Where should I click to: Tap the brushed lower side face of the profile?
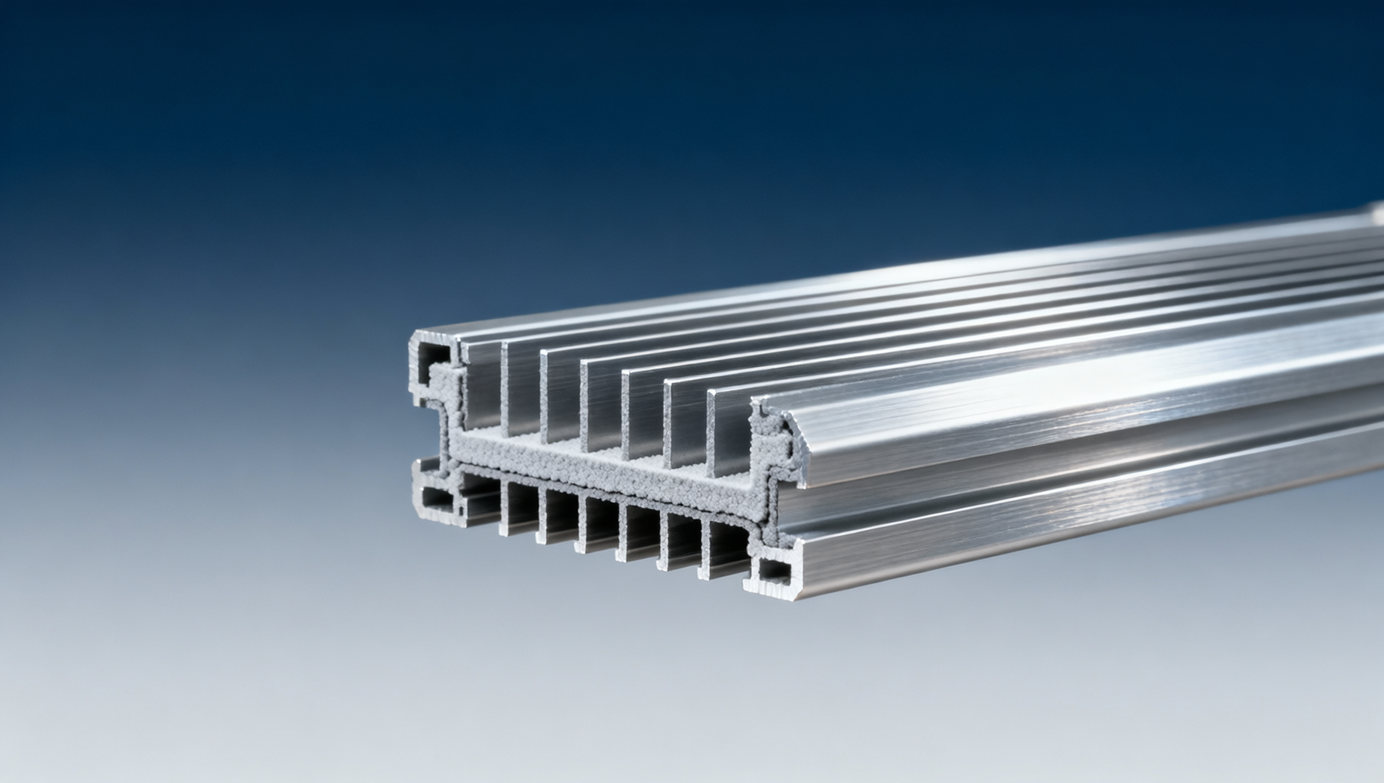click(1061, 522)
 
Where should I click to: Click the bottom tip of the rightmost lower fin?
click(703, 577)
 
